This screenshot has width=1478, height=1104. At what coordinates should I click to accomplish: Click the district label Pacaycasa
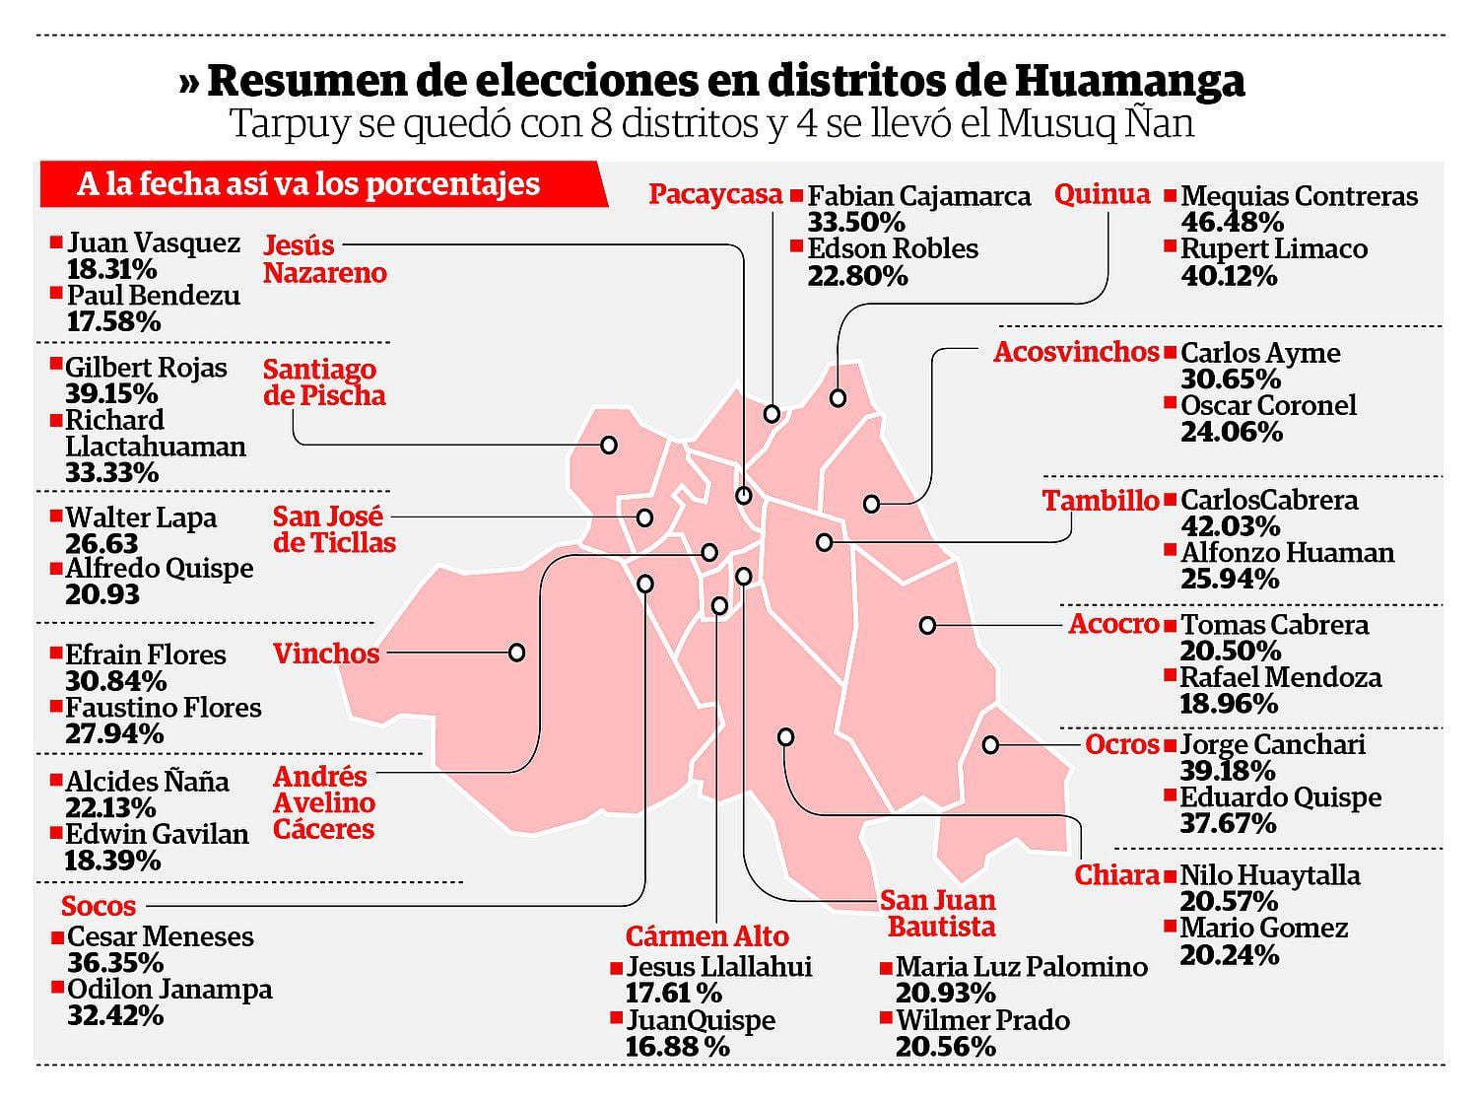715,194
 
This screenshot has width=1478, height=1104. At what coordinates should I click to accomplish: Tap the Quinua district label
1102,194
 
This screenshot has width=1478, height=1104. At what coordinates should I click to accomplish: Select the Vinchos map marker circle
516,653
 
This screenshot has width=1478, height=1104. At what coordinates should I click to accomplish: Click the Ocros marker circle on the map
990,745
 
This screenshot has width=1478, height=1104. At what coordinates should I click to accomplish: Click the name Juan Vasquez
153,242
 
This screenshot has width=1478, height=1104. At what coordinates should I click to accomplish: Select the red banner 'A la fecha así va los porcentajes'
315,184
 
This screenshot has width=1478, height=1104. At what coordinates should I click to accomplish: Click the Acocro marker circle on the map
927,625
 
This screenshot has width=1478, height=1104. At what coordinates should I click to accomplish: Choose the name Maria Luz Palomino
1022,967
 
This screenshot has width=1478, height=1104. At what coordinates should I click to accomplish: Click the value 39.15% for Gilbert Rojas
111,394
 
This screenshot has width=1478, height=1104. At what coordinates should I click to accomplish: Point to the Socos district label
99,906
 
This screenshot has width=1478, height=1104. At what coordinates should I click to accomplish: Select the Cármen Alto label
706,935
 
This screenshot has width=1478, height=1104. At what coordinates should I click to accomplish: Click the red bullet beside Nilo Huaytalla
1171,873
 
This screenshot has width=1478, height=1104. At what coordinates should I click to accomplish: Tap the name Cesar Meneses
160,936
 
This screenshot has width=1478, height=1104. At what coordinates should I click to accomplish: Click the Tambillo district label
1101,501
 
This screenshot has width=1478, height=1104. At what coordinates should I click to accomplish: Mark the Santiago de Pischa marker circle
609,446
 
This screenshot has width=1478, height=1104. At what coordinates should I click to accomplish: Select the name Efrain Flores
145,655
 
